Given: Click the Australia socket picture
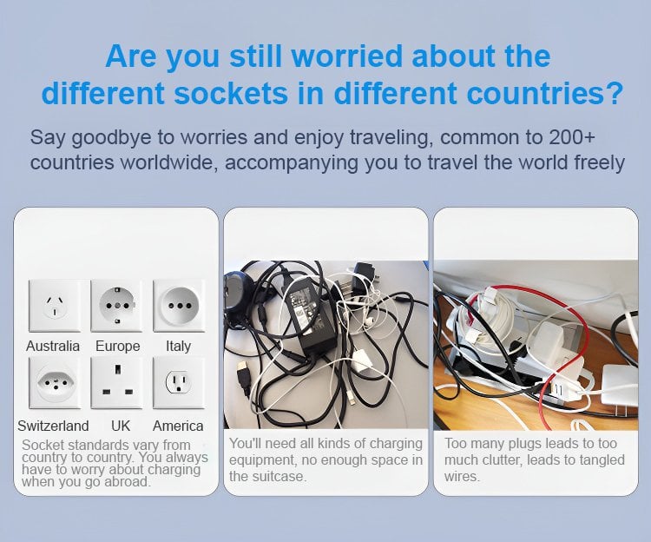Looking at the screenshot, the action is tap(55, 306).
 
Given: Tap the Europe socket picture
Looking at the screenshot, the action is tap(116, 306).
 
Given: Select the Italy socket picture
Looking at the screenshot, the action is tap(179, 306).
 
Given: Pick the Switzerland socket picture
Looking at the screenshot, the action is tap(55, 383).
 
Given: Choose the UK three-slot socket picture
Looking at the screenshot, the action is tap(116, 383).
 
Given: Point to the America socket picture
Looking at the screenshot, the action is tap(179, 383).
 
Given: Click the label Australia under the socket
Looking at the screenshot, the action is tap(53, 346).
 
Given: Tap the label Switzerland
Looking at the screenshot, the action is tap(53, 426).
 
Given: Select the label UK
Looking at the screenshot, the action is tap(121, 426).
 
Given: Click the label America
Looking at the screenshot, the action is tap(178, 426).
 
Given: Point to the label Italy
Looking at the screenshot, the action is tap(179, 346).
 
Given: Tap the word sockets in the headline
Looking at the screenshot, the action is tap(230, 93).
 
